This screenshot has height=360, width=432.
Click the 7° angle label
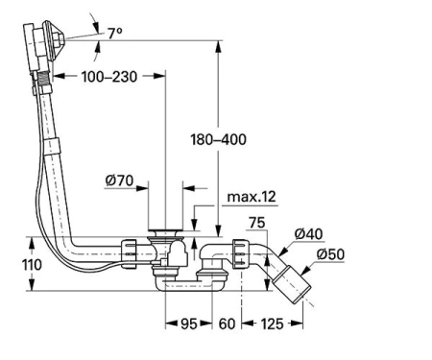click(x=115, y=34)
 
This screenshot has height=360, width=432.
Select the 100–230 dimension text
click(x=109, y=77)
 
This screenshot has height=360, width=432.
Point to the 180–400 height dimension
click(x=218, y=139)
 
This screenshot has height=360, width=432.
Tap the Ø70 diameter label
click(x=119, y=180)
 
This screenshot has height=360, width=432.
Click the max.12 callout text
click(x=252, y=197)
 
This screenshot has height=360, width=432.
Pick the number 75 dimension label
click(x=257, y=223)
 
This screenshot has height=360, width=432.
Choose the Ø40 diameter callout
click(x=308, y=234)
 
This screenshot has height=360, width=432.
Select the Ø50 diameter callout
click(x=330, y=254)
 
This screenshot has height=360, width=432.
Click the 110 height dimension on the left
click(x=32, y=265)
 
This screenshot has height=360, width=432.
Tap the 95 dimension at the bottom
click(x=189, y=324)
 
